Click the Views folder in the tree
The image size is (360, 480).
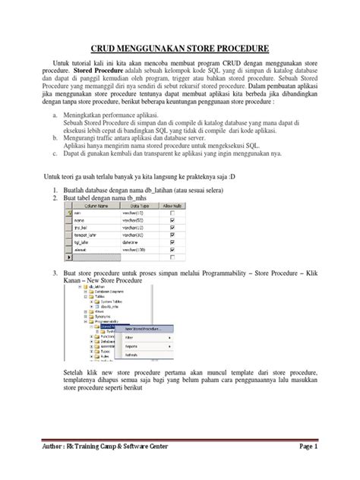tap(96, 311)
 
